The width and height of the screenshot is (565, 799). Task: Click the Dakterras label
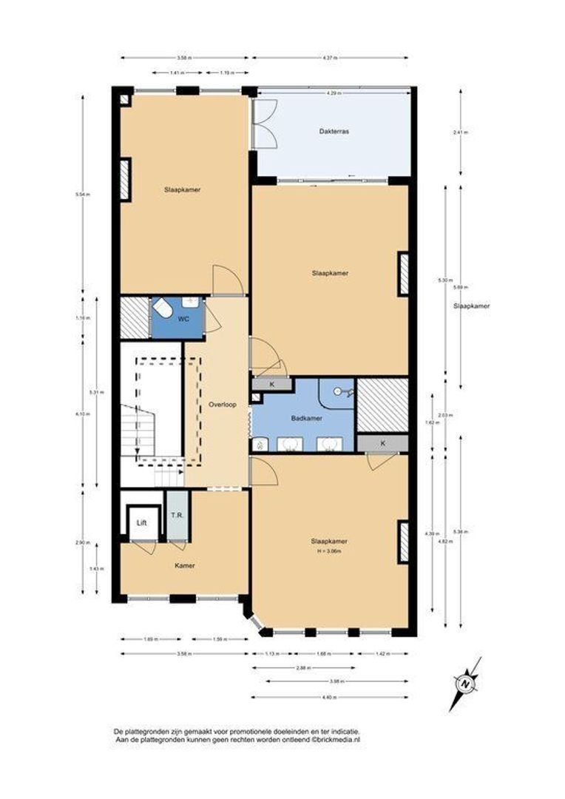334,131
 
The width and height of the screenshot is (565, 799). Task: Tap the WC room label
183,319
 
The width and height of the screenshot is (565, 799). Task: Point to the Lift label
141,522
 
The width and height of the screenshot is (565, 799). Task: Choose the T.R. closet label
177,515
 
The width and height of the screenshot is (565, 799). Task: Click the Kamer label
184,566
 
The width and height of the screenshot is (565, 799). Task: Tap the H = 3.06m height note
329,550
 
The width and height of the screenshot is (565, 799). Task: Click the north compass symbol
465,683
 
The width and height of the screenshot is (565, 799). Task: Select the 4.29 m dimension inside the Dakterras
334,92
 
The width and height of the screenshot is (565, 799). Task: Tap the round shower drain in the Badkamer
338,391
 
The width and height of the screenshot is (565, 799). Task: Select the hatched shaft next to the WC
135,317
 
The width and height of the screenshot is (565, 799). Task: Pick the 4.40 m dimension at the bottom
329,697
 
